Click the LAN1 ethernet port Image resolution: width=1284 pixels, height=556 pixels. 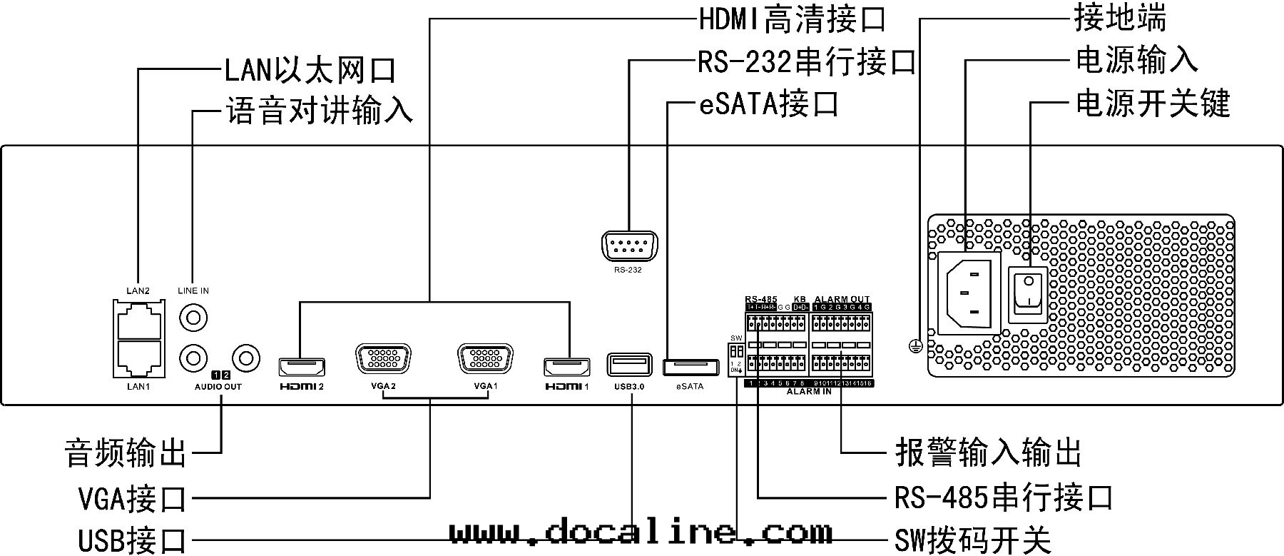pos(139,358)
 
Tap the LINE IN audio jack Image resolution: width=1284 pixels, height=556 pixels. pos(193,316)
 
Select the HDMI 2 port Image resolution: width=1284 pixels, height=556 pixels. pos(301,367)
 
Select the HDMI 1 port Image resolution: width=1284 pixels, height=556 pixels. pos(568,367)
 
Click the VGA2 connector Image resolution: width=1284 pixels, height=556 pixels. pos(383,358)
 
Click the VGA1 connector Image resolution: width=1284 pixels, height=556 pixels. pos(485,358)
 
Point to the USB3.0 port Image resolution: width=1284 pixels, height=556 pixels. pos(629,365)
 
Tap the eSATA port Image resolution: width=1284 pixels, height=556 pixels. pos(690,367)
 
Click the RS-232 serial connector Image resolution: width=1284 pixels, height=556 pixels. pos(628,248)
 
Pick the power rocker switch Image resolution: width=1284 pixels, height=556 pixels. pos(1027,295)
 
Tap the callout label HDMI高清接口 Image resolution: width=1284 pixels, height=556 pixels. pos(791,19)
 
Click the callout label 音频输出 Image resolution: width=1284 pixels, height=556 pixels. pos(126,453)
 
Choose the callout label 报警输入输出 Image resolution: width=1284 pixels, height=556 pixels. pos(989,452)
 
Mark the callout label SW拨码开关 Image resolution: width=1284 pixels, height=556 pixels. pos(973,540)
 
